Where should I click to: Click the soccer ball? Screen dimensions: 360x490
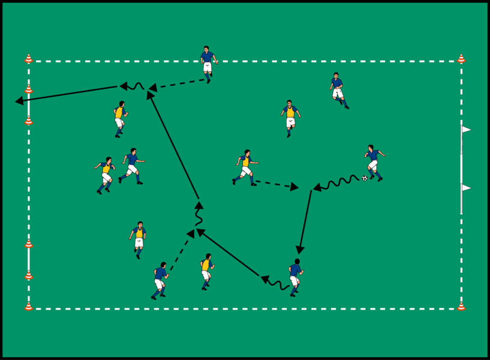(364, 178)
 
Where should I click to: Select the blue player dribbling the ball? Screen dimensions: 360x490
(374, 163)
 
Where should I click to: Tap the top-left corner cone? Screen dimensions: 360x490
(28, 59)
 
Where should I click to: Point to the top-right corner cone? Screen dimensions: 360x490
(461, 59)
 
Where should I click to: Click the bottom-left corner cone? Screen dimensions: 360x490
(28, 306)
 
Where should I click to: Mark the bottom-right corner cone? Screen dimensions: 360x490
(461, 306)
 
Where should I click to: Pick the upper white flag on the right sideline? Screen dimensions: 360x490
(466, 129)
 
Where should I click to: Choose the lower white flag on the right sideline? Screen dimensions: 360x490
(466, 188)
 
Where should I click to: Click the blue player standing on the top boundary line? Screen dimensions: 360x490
(208, 62)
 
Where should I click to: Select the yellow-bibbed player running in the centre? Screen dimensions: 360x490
(245, 167)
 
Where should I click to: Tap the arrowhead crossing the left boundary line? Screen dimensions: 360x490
(20, 101)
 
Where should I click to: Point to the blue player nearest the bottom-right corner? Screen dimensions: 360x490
(294, 277)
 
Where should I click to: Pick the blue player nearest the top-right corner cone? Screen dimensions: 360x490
(338, 89)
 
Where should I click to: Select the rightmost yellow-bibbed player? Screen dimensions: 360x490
(290, 117)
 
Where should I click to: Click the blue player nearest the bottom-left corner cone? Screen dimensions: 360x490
(160, 280)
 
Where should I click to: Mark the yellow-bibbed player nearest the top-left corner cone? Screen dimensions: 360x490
(119, 118)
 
